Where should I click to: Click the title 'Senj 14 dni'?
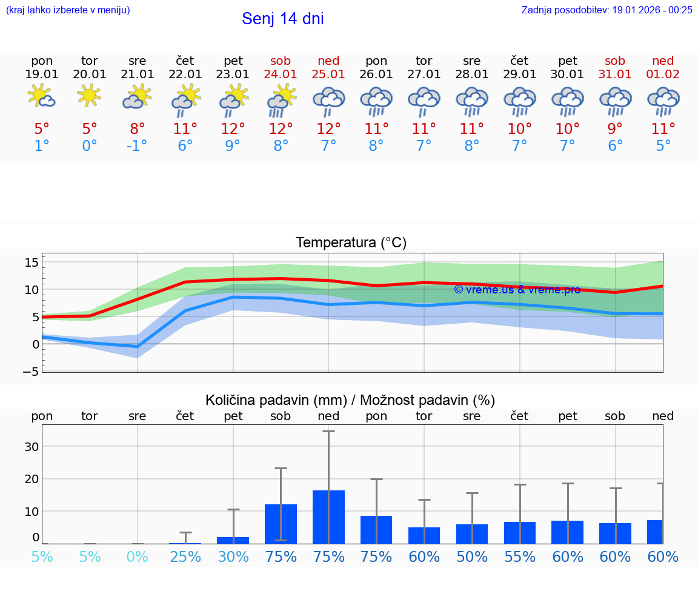coord(282,19)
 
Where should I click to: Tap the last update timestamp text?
coord(607,10)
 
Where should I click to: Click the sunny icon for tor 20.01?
coord(89,96)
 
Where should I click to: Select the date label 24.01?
coord(281,74)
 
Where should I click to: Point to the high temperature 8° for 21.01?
coord(138,129)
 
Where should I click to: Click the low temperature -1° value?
coord(137,146)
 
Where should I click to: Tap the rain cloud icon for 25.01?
coord(328,100)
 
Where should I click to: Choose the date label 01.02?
coord(663,74)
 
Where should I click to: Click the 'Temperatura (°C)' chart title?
coord(351,243)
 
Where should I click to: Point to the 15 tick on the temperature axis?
coord(32,262)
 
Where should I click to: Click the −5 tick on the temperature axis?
coord(31,371)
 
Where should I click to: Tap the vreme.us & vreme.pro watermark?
coord(517,290)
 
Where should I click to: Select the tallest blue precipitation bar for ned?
coord(328,516)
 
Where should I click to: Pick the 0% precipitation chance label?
coord(138,556)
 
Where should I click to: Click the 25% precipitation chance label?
coord(185,556)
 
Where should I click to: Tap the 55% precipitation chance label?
coord(519,556)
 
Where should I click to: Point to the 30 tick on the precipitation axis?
coord(32,447)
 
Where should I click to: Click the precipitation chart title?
coord(350,400)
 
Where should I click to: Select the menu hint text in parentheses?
coord(68,10)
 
